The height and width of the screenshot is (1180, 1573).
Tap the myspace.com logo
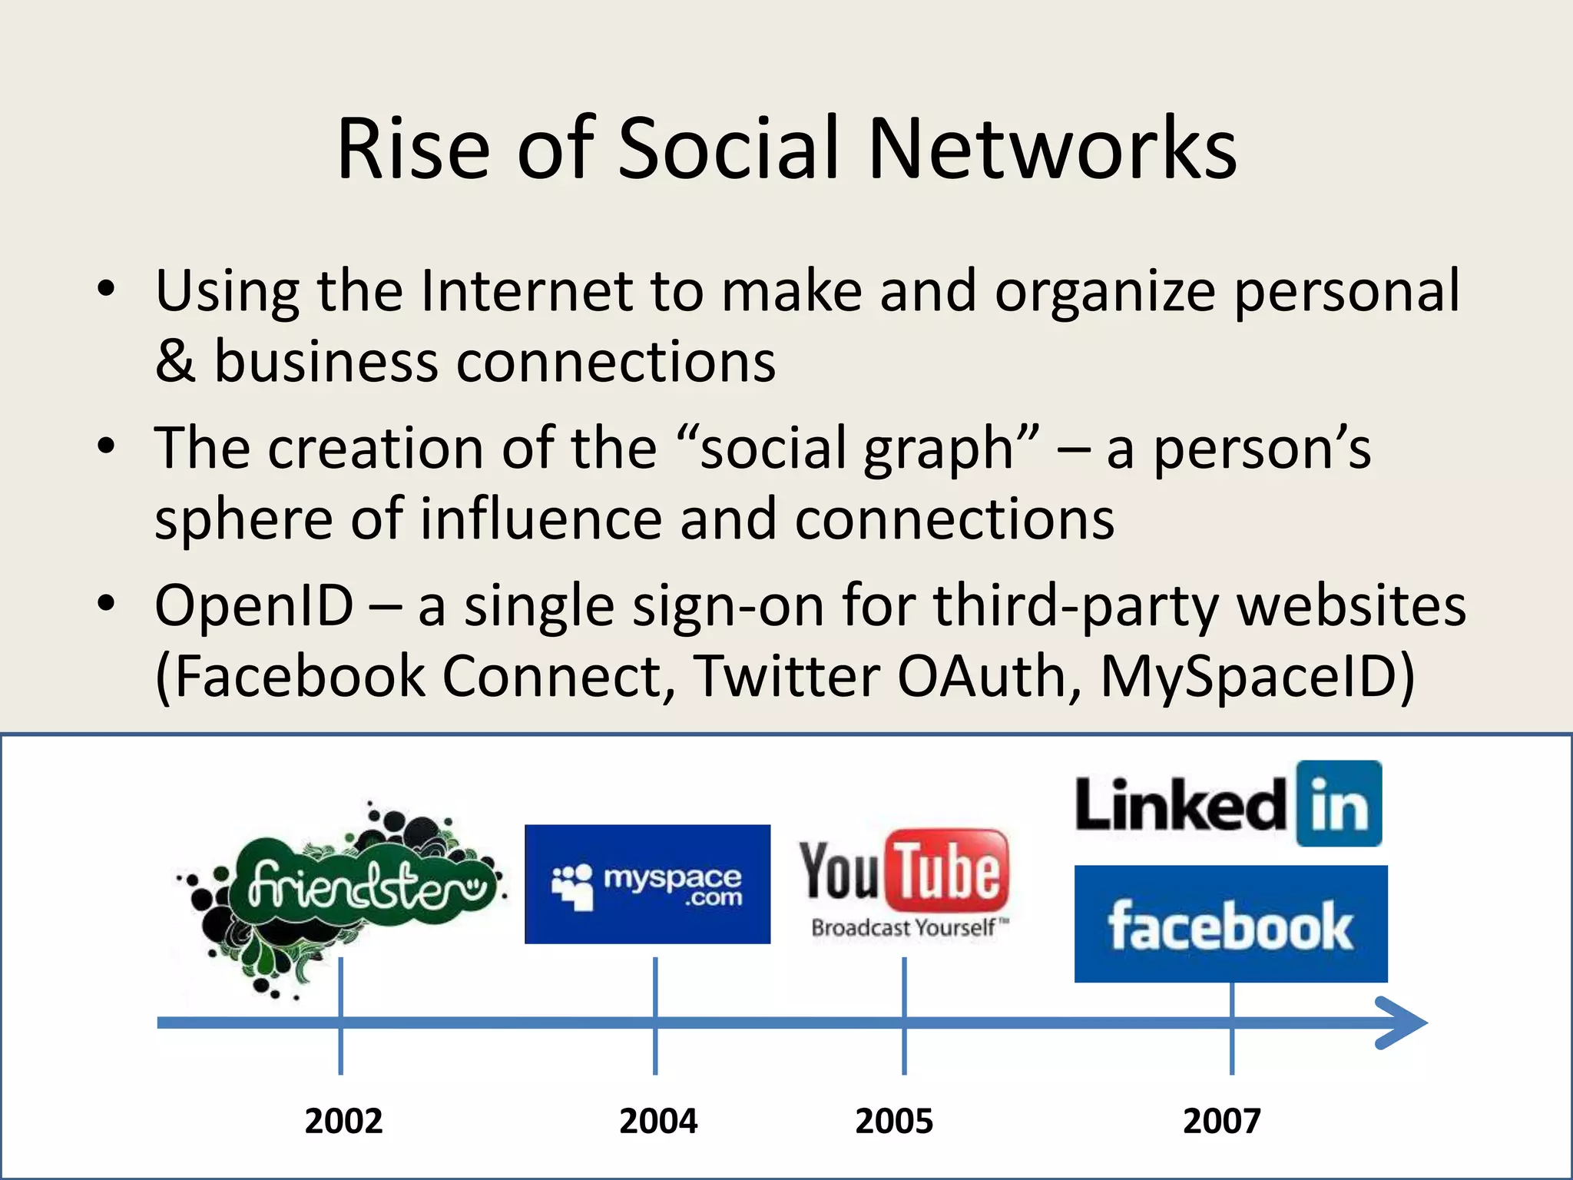pos(647,884)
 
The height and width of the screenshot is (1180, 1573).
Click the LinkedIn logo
pos(1227,804)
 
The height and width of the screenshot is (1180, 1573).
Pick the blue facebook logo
pos(1230,924)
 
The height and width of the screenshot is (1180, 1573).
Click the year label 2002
pos(343,1121)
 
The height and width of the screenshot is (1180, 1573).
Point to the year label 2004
pos(658,1121)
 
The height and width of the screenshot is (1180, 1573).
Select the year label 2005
pos(894,1121)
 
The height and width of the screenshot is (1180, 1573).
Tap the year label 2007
pos(1221,1121)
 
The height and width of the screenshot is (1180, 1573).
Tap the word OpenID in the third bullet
pos(253,607)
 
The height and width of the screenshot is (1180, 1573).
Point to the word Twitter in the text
pos(787,677)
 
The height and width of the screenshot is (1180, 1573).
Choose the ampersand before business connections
pos(175,362)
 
